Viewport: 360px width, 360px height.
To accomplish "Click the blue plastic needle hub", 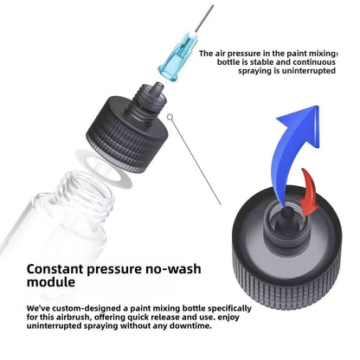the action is point(177,58).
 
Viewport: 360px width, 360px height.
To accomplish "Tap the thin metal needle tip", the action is point(213,6).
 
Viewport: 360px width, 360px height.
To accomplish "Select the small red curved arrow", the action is point(309,193).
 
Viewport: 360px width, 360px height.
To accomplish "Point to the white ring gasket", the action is point(103,168).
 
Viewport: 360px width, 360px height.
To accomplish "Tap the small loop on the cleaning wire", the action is point(170,117).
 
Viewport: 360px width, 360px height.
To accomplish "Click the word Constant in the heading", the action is point(55,269).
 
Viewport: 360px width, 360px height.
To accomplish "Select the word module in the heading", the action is point(51,282).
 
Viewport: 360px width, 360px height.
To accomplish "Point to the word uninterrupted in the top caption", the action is point(308,71).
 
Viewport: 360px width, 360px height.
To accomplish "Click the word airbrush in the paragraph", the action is point(74,317).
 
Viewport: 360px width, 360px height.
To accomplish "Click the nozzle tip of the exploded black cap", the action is point(157,86).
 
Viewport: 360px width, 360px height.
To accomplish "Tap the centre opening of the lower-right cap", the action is point(286,219).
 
